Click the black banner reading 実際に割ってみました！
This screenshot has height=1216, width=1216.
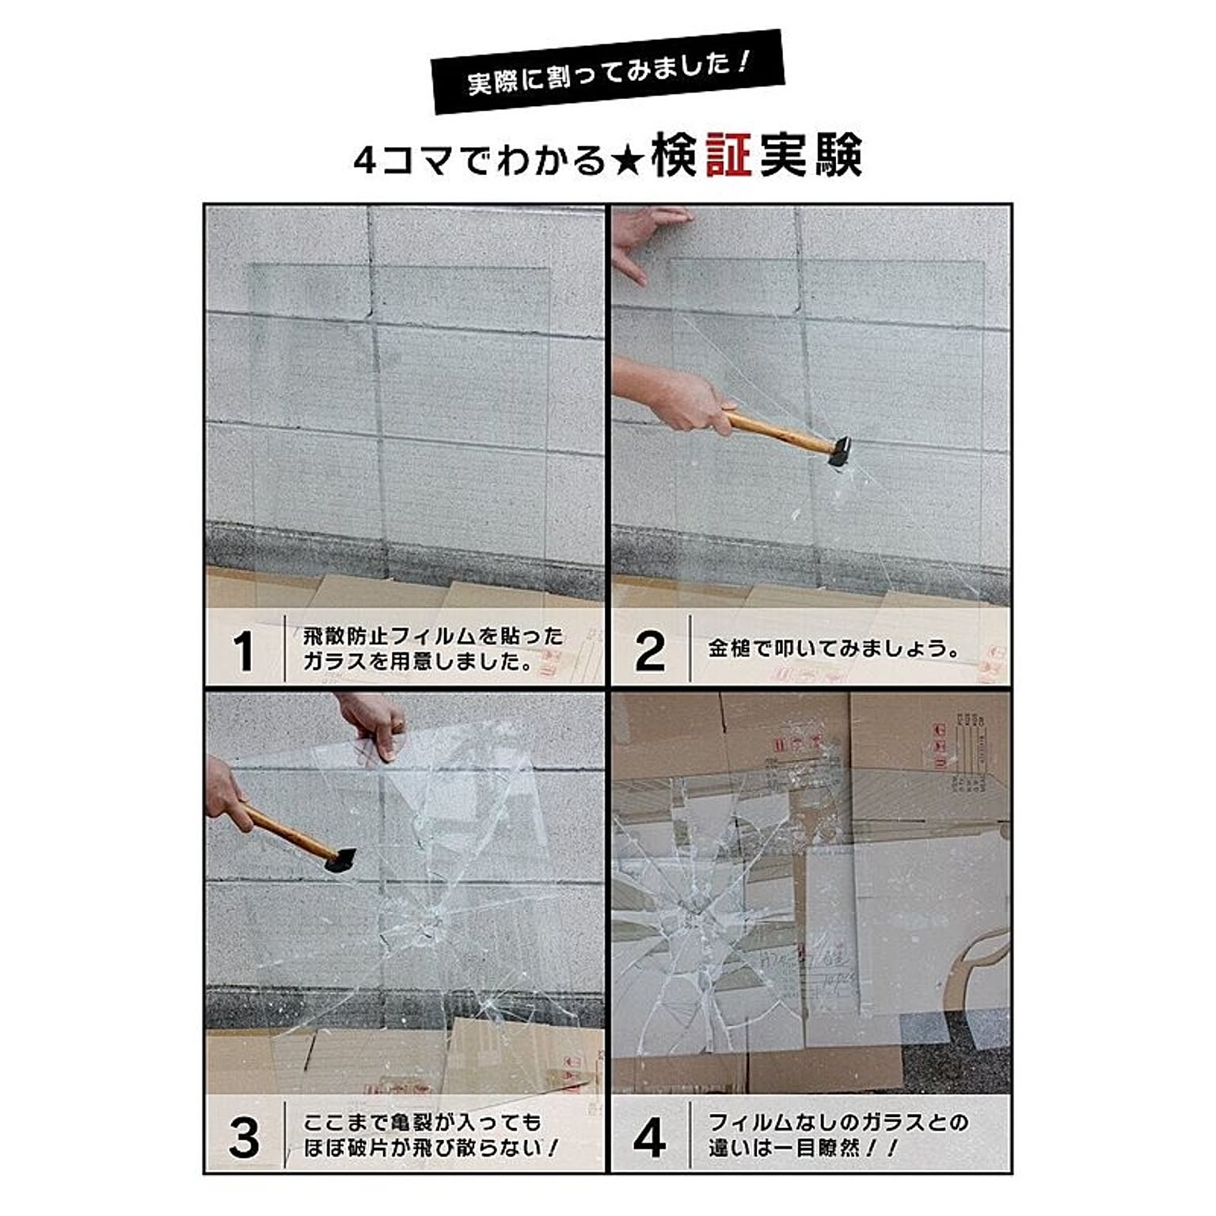click(607, 72)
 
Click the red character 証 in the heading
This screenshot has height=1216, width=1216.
click(728, 155)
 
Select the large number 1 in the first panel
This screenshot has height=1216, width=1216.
click(244, 651)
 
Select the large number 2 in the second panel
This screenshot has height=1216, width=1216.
click(650, 651)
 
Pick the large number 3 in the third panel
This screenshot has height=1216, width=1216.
click(244, 1137)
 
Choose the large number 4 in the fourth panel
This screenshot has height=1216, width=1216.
click(649, 1137)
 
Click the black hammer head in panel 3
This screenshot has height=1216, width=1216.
click(340, 861)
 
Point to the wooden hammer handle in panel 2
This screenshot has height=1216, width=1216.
click(780, 432)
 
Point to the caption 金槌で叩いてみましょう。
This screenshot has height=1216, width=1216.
click(834, 649)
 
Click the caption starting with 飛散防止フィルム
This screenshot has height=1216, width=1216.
click(433, 648)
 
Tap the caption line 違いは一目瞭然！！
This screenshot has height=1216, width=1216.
click(803, 1148)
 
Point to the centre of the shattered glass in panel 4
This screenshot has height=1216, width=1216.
click(697, 910)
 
